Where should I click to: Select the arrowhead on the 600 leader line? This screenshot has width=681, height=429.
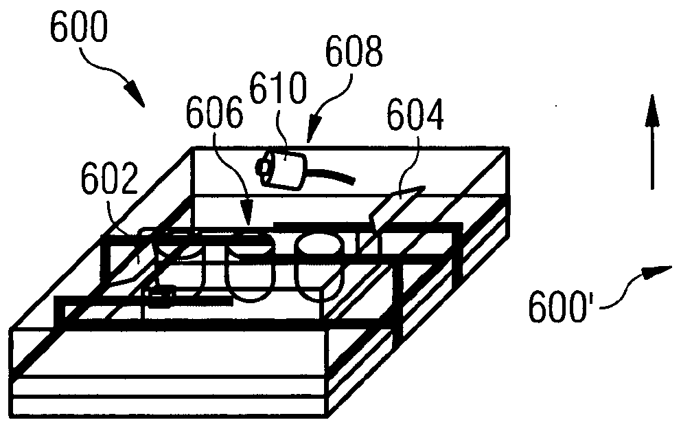[x=137, y=93]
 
